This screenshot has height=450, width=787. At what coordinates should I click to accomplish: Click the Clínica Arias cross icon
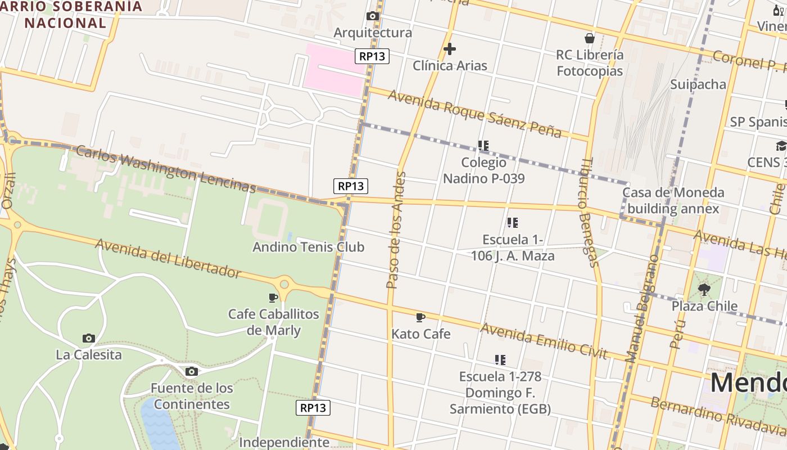[x=449, y=49]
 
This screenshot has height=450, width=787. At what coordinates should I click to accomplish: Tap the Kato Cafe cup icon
[x=420, y=317]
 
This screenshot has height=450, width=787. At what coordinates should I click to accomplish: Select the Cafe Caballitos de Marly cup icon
[x=273, y=297]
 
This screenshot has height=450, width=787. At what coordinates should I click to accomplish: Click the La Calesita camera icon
[x=88, y=338]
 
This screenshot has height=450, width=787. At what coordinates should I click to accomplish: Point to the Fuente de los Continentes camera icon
[x=191, y=371]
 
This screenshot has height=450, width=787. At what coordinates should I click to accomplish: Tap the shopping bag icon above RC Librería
[x=589, y=38]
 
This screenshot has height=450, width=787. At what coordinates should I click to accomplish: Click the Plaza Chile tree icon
[x=704, y=290]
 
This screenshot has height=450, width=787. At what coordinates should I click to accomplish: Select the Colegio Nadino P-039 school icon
[x=483, y=146]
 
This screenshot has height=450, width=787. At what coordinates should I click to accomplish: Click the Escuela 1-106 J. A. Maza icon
[x=512, y=223]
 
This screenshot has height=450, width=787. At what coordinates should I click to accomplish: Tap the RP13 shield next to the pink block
[x=372, y=56]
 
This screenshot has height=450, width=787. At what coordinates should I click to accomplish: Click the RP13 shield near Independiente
[x=313, y=408]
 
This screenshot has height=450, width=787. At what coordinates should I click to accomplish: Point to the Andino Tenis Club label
[x=308, y=247]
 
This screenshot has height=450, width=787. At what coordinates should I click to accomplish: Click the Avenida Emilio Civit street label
[x=543, y=340]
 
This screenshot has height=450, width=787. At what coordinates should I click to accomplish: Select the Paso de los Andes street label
[x=396, y=230]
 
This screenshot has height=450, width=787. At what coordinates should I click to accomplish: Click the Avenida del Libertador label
[x=168, y=258]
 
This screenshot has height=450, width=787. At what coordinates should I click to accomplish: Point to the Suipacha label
[x=698, y=84]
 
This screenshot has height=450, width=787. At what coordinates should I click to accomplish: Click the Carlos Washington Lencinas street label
[x=165, y=169]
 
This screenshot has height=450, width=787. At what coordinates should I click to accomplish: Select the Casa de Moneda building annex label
[x=673, y=201]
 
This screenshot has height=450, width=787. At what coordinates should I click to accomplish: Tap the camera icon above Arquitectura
[x=372, y=16]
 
